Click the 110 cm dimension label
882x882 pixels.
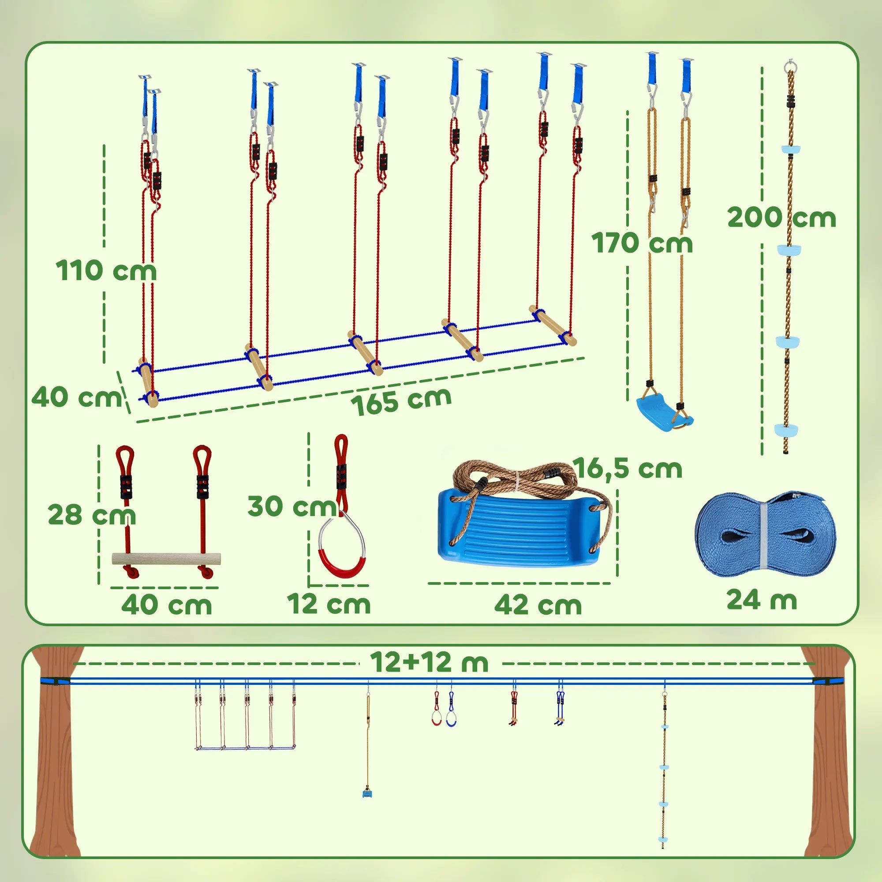pyautogui.click(x=106, y=270)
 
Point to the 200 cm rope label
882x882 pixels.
pyautogui.click(x=781, y=217)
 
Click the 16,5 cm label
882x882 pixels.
pyautogui.click(x=627, y=468)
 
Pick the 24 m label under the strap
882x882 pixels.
pyautogui.click(x=762, y=599)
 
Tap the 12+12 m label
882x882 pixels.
pyautogui.click(x=429, y=662)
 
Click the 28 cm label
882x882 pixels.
pyautogui.click(x=92, y=515)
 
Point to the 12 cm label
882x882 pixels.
pyautogui.click(x=329, y=604)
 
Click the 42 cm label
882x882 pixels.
pyautogui.click(x=538, y=605)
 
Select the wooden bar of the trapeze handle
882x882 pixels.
pyautogui.click(x=166, y=558)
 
